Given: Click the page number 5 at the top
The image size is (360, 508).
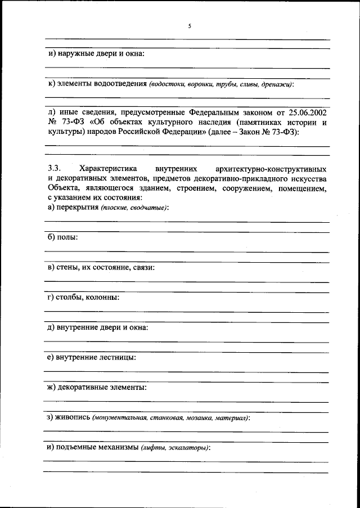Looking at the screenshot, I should (190, 25).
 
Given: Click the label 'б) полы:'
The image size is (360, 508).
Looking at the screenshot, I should (62, 237).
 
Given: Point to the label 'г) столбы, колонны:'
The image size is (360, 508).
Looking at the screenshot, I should (83, 297).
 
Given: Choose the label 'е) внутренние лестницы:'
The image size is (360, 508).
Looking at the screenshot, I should (92, 357).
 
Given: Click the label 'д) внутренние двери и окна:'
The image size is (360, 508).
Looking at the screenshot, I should (98, 327).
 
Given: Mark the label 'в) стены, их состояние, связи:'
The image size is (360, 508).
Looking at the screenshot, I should (101, 267).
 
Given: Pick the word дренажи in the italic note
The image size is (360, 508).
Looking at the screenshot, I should (277, 84).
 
